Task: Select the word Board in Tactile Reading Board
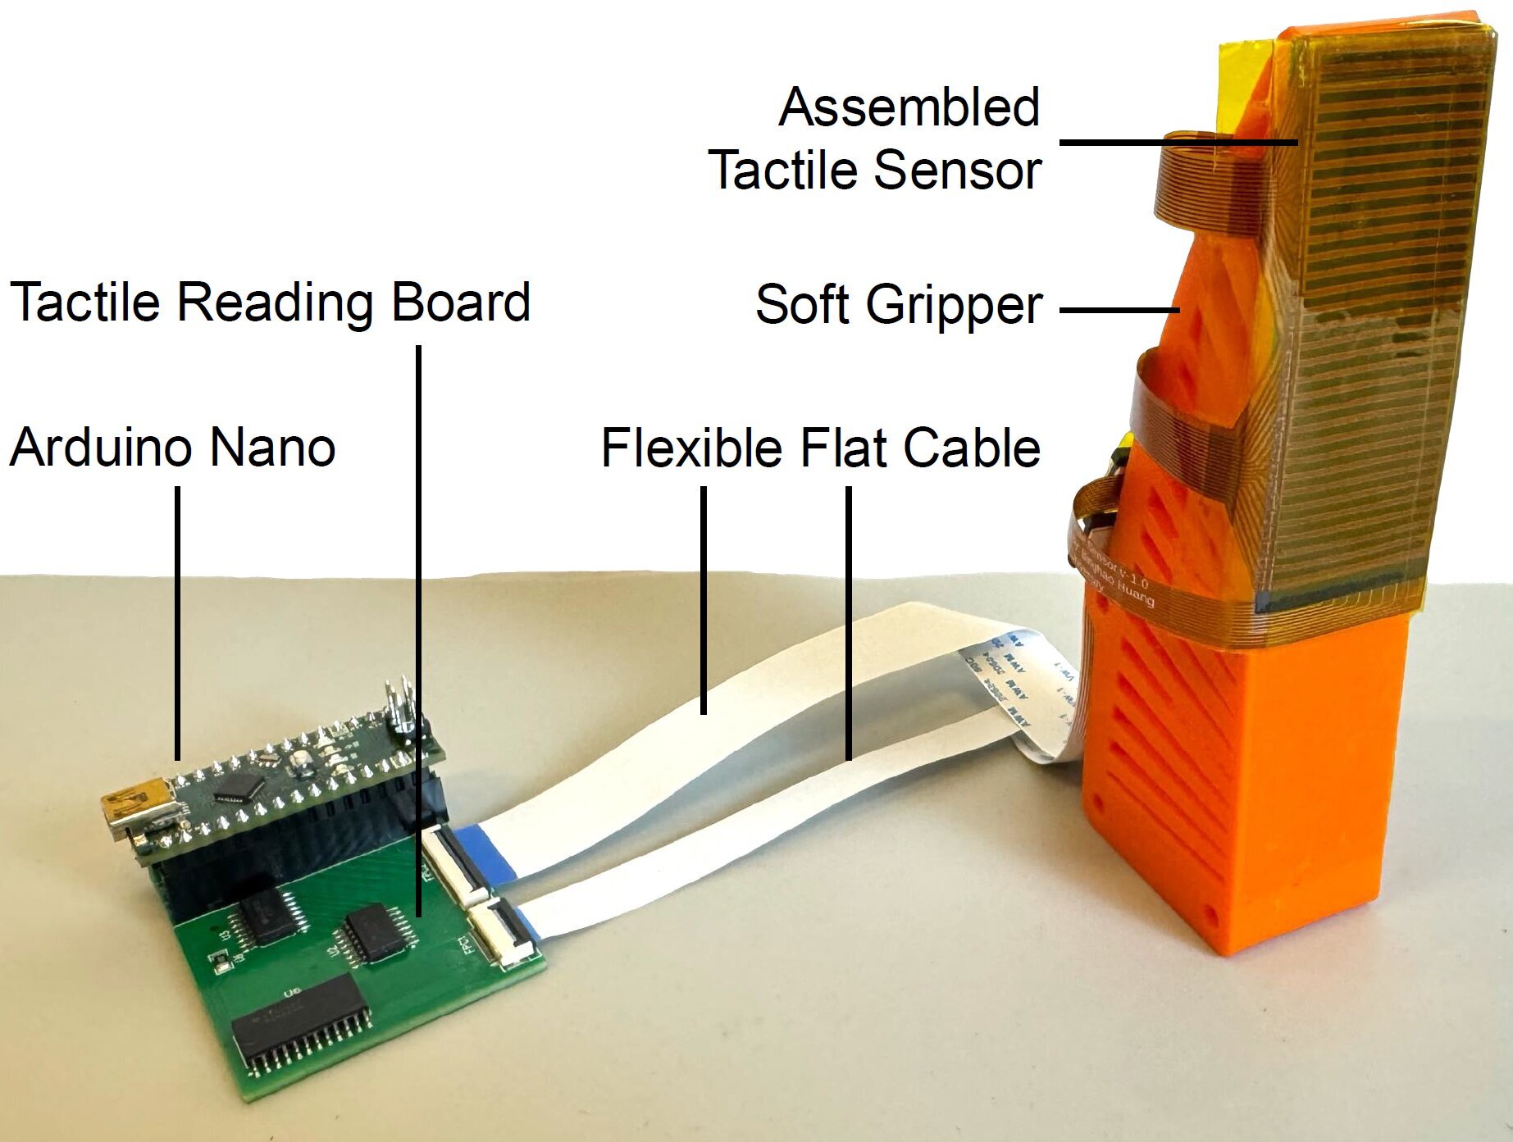click(x=460, y=302)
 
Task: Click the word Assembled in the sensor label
click(x=909, y=107)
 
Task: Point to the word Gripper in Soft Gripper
click(x=953, y=306)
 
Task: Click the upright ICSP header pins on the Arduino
click(x=401, y=707)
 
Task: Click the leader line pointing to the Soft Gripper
click(x=1119, y=310)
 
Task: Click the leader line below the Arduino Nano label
click(x=177, y=623)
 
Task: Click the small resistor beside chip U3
click(x=220, y=961)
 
